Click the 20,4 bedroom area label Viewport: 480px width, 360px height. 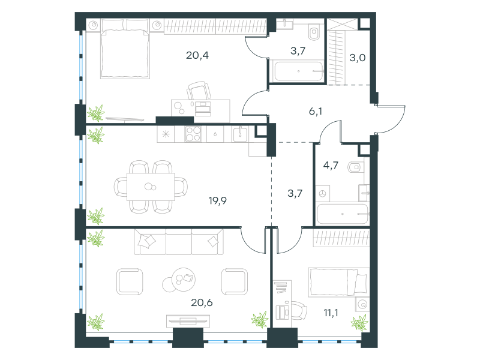tap(197, 55)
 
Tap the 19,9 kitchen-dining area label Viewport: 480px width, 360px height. tap(218, 201)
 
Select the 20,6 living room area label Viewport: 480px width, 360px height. tap(202, 302)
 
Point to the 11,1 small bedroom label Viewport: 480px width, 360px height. tap(331, 313)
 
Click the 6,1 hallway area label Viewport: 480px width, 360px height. tap(316, 112)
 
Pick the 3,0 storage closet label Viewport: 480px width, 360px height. tap(357, 58)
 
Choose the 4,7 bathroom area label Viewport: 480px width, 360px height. tap(331, 166)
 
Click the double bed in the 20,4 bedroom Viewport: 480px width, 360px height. tap(125, 49)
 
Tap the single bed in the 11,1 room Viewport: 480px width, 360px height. tap(338, 282)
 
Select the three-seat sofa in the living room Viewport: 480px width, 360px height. tap(179, 242)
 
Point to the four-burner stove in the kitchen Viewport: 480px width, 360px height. tap(193, 134)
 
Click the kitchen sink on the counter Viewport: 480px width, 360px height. tap(241, 134)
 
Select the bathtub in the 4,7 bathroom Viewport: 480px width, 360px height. tap(342, 214)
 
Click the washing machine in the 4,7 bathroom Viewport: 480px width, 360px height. tap(323, 193)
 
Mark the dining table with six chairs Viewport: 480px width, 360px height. tap(151, 187)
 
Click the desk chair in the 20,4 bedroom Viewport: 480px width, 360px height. tap(199, 91)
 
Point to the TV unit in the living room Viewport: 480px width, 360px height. tap(188, 321)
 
